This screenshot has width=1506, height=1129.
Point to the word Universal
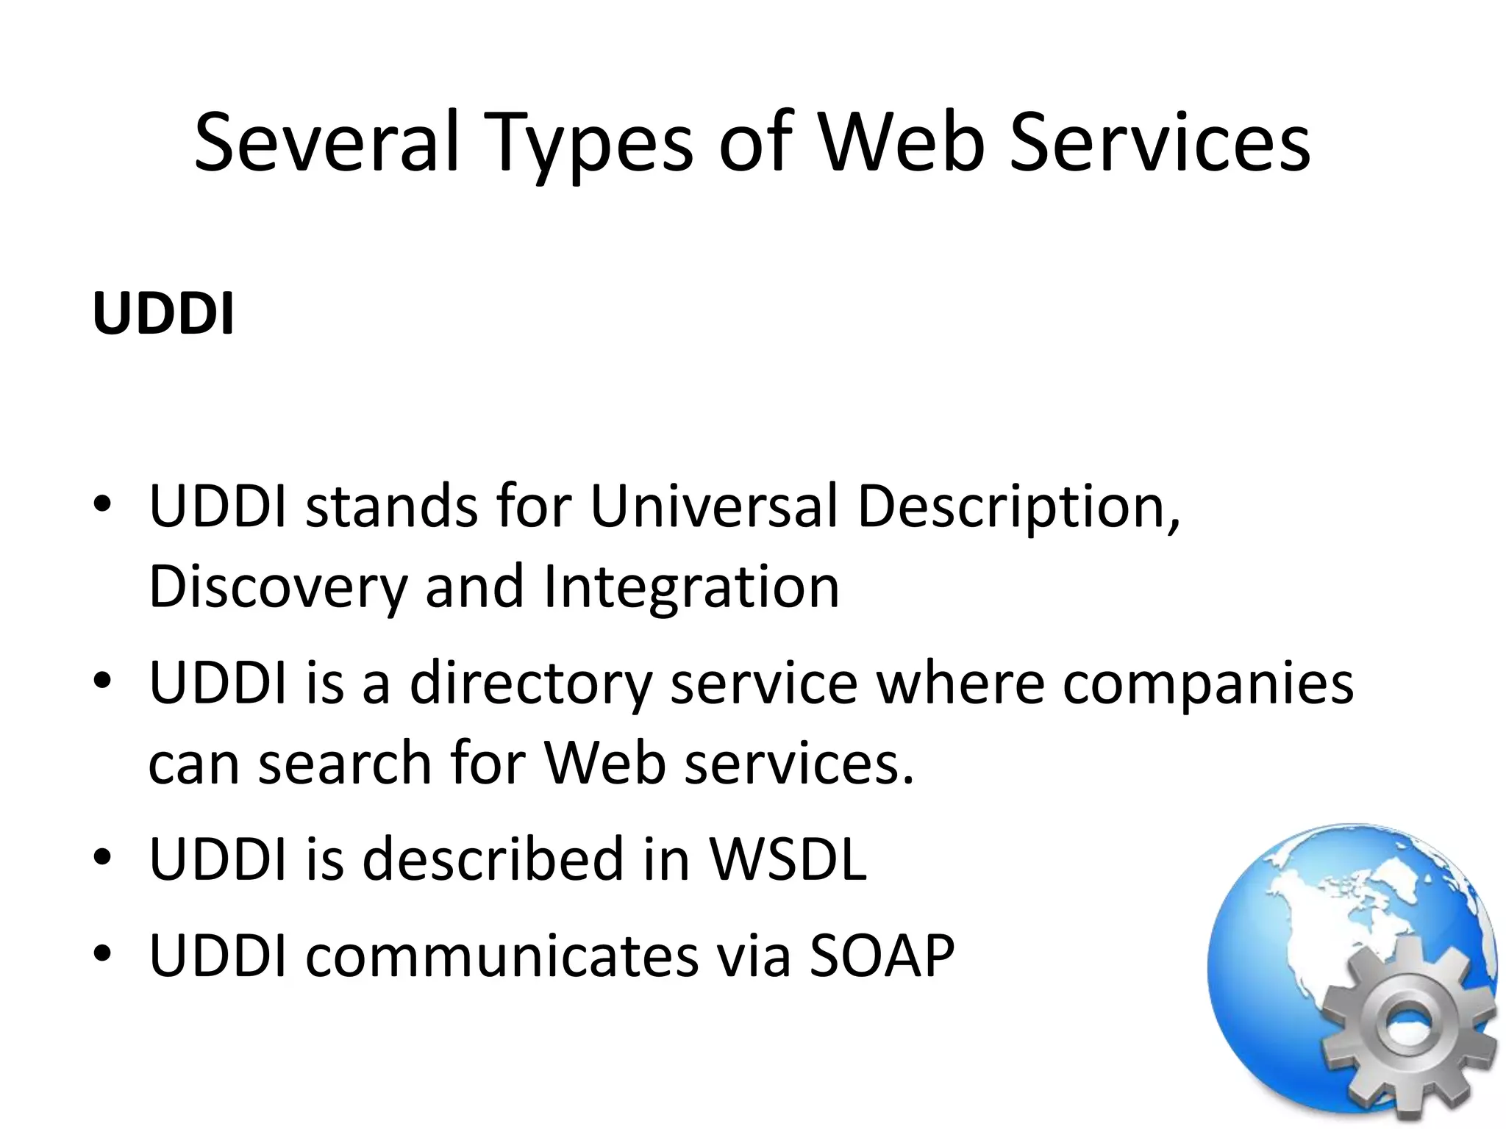pos(713,506)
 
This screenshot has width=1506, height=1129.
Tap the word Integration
pos(691,588)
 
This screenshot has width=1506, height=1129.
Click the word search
pos(345,763)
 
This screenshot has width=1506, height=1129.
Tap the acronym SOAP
pos(882,956)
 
